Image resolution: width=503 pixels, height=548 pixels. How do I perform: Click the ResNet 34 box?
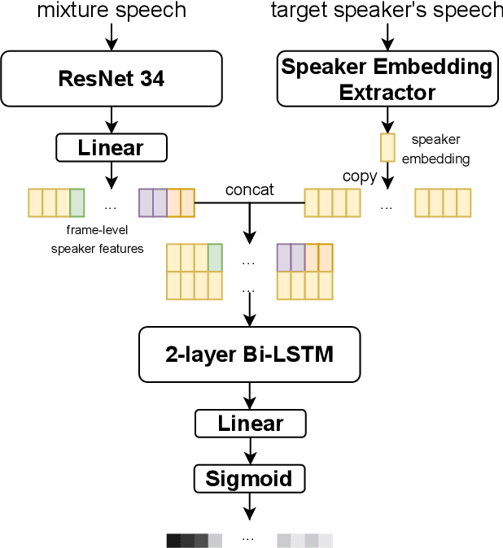[112, 79]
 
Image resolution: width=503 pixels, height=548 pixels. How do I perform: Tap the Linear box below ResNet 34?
[112, 148]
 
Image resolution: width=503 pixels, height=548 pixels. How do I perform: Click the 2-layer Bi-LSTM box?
[250, 354]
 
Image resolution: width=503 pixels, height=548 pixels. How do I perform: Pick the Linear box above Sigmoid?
[250, 423]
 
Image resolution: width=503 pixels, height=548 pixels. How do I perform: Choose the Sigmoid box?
[250, 478]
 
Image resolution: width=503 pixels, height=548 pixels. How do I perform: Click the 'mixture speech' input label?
[112, 11]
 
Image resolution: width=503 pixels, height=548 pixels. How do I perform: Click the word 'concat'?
[249, 189]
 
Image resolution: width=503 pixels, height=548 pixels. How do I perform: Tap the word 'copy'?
[360, 176]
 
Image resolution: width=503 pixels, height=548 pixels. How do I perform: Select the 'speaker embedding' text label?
[440, 150]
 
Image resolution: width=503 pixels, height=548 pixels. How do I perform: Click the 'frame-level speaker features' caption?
[98, 240]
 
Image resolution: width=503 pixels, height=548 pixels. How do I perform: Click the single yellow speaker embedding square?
[387, 147]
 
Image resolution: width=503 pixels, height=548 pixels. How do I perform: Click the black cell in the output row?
[173, 541]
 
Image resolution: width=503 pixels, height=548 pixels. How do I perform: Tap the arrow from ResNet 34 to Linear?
[112, 120]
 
